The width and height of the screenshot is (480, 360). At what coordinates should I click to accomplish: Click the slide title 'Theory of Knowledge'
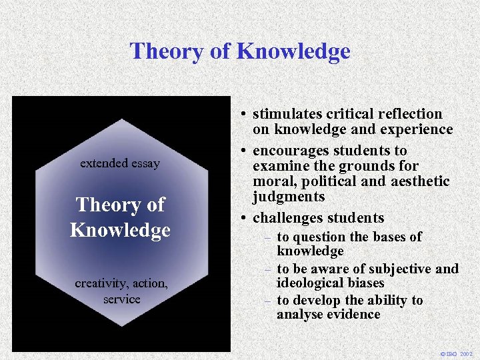(240, 51)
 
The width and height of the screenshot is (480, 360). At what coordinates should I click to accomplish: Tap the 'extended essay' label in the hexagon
(120, 163)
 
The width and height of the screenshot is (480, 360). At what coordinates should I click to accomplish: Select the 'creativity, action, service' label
(121, 291)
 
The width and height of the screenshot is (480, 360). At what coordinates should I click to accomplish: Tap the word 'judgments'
(289, 197)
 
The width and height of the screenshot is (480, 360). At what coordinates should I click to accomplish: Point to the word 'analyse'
(299, 314)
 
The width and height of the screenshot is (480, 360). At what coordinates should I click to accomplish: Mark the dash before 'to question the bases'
(267, 237)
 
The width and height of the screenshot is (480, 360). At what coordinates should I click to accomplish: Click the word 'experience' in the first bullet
(419, 129)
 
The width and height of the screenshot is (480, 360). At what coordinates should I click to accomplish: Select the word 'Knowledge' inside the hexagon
(120, 231)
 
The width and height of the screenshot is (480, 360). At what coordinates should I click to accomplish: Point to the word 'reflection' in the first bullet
(411, 114)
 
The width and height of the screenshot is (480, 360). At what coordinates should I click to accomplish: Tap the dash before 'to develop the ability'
(267, 301)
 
